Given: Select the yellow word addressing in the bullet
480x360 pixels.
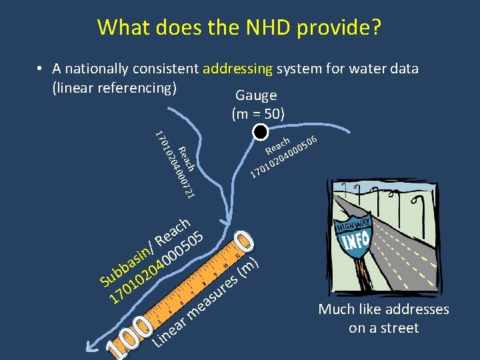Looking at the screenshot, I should coord(237,69).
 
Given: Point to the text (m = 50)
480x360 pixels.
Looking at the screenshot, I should coord(258,114).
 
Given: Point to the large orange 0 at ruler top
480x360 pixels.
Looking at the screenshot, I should coord(245,241).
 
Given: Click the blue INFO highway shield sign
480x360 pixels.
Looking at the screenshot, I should coord(355,238).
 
